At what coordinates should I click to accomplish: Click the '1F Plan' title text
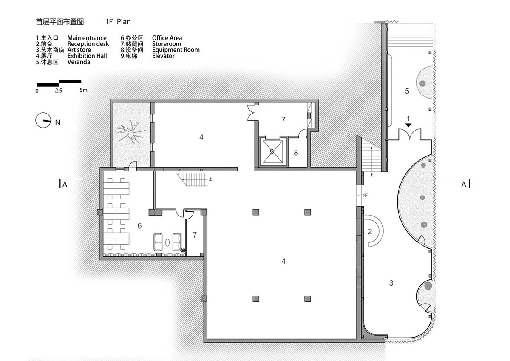(x=118, y=22)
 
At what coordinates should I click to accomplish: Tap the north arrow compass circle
(x=43, y=120)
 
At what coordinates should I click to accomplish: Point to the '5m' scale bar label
(x=83, y=90)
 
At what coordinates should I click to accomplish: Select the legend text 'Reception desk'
(x=88, y=44)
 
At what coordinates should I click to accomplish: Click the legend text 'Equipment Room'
(x=176, y=50)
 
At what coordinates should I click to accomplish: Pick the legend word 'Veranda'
(x=79, y=62)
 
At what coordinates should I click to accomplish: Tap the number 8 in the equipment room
(x=296, y=153)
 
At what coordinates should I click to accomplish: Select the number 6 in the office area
(x=139, y=226)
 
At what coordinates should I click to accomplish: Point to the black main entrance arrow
(x=408, y=125)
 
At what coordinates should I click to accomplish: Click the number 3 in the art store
(x=391, y=283)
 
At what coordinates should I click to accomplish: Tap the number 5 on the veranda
(x=407, y=91)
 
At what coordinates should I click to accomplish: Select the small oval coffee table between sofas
(x=167, y=242)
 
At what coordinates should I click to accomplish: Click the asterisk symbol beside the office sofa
(x=183, y=250)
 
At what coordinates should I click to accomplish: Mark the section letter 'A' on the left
(x=65, y=184)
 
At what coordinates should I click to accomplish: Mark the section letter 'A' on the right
(x=464, y=184)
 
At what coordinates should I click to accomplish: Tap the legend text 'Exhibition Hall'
(x=87, y=56)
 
